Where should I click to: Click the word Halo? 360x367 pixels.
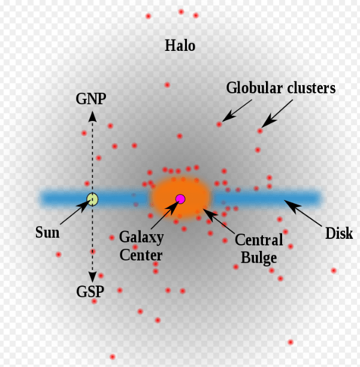(x=180, y=46)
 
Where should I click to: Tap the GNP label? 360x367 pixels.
(x=91, y=99)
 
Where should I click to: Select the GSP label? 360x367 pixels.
(x=90, y=292)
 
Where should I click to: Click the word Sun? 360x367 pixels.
(x=47, y=232)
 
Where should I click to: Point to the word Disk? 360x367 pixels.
(x=339, y=233)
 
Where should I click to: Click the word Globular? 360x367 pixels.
(x=255, y=88)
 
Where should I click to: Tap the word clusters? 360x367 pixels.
(x=311, y=88)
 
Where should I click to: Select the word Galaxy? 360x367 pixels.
(x=141, y=238)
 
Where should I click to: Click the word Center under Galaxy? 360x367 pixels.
(x=141, y=255)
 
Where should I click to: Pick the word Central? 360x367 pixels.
(x=259, y=240)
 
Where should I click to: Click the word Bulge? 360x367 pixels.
(x=259, y=258)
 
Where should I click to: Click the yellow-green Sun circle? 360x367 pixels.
(x=92, y=199)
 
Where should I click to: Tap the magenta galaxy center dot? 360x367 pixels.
(x=180, y=199)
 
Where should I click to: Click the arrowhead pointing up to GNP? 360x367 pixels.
(x=92, y=116)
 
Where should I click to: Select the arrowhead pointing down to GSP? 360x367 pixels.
(x=92, y=277)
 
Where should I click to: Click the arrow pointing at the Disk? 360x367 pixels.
(x=303, y=213)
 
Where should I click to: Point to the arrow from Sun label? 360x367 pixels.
(x=75, y=212)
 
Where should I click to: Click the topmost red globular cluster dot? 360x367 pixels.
(x=181, y=12)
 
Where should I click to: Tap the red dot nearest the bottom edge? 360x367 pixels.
(x=113, y=357)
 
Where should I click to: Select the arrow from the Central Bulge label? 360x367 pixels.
(x=218, y=221)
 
